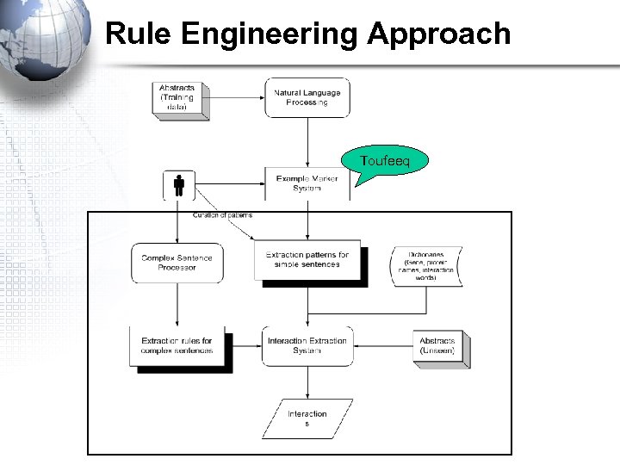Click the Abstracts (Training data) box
[x=177, y=97]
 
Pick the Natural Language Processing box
[x=307, y=97]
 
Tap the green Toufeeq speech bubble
[x=384, y=162]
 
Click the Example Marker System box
[x=307, y=183]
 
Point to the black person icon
[x=179, y=185]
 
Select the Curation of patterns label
[x=222, y=214]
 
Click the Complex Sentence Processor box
[x=177, y=263]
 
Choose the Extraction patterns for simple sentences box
[x=307, y=260]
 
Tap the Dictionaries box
[x=425, y=265]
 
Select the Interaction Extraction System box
[x=307, y=346]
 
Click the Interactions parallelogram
[x=307, y=418]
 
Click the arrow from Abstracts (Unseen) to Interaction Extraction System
[x=382, y=346]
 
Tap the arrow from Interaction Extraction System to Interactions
[x=307, y=383]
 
